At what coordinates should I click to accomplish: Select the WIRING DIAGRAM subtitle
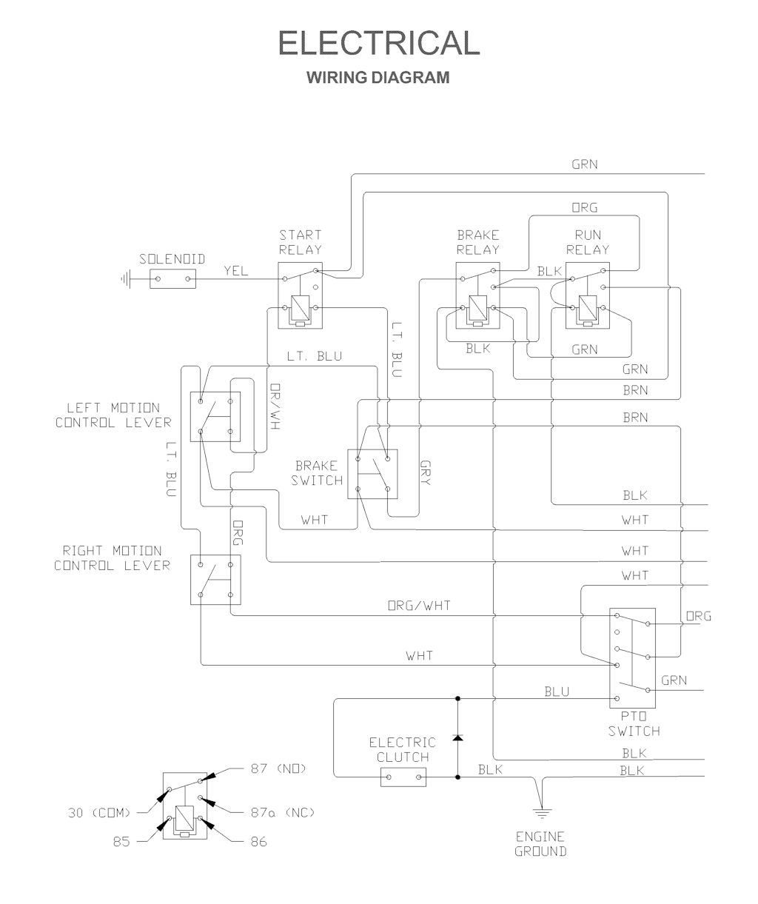pos(378,77)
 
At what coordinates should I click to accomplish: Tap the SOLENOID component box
pos(173,279)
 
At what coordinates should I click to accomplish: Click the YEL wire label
pos(236,272)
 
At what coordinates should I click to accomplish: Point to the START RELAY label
pos(301,242)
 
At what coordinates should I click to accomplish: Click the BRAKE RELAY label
pos(477,242)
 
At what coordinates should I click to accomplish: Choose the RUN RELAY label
pos(588,242)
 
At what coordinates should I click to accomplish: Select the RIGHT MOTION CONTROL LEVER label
pos(112,558)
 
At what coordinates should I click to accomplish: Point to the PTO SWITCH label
pos(634,724)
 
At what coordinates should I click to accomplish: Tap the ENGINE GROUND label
pos(541,843)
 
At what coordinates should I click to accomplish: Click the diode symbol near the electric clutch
pos(457,738)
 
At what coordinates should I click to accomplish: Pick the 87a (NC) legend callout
pos(281,813)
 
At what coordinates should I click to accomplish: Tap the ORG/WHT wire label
pos(419,606)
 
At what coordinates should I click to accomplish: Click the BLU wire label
pos(557,692)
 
